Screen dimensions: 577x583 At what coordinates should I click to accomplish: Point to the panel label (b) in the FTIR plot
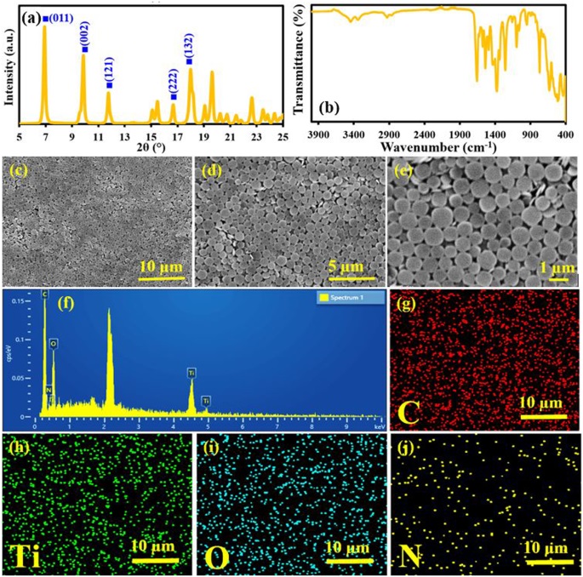click(328, 108)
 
